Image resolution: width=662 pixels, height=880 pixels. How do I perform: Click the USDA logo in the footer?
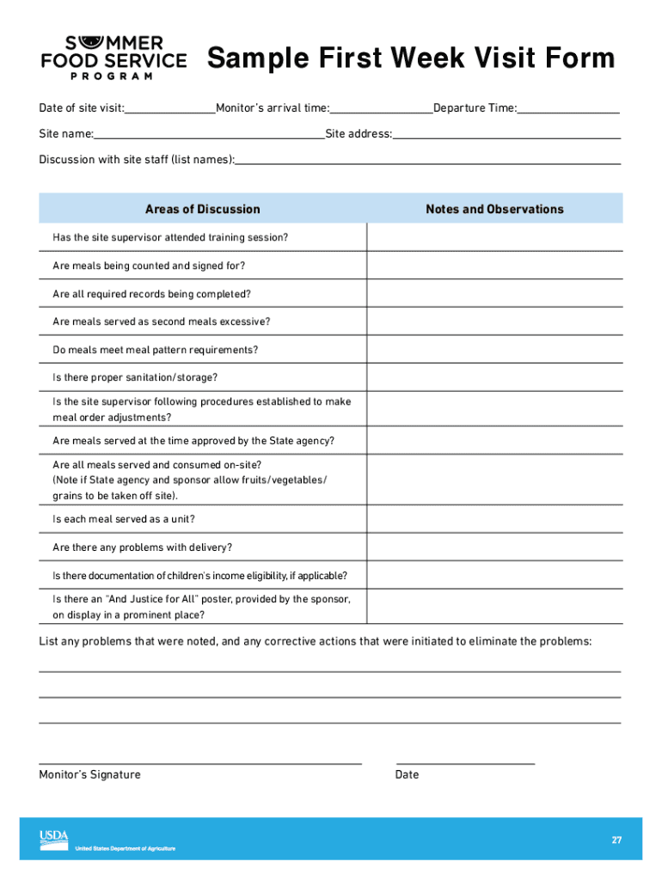(53, 839)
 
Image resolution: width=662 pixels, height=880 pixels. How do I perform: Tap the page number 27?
(616, 840)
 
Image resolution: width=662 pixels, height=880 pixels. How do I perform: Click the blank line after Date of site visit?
(170, 109)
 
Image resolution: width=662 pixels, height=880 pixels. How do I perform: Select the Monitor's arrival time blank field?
(382, 109)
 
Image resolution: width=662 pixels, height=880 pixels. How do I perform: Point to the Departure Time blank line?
(568, 109)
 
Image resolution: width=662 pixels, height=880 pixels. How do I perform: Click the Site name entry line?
(209, 135)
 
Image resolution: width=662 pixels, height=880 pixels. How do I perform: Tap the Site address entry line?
(506, 135)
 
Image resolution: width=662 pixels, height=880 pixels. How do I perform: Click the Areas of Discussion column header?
(202, 209)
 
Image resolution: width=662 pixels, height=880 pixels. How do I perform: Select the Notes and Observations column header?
(494, 209)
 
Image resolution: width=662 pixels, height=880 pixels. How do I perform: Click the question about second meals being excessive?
(162, 321)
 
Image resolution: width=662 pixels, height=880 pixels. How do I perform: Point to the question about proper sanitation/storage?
(135, 377)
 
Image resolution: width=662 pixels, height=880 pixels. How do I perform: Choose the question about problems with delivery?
(142, 547)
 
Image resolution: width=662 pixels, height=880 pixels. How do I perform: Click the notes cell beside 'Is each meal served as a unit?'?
(494, 519)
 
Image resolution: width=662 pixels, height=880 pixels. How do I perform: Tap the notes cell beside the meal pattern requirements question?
(494, 350)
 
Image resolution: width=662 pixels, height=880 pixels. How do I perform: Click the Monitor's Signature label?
(89, 774)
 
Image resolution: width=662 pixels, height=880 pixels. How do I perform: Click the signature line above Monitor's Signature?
(199, 761)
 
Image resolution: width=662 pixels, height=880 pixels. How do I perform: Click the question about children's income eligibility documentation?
(199, 576)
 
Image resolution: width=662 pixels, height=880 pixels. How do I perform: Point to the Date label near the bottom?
(407, 774)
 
